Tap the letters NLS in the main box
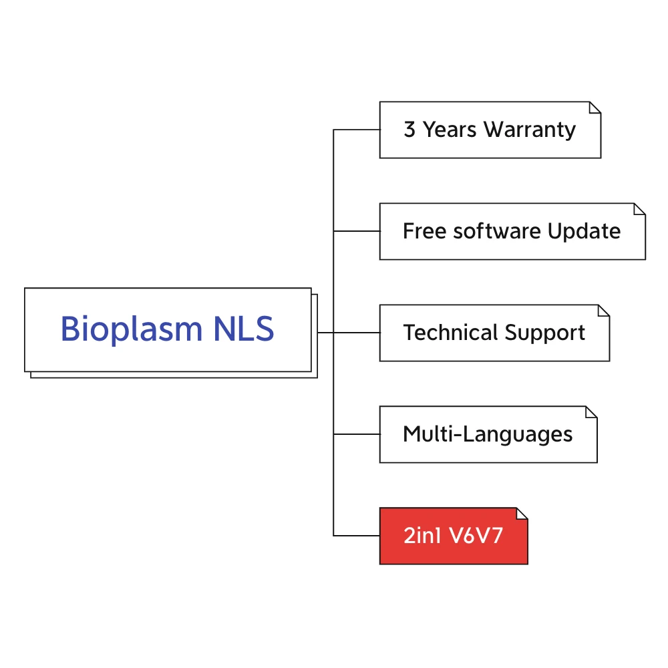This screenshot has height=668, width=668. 244,329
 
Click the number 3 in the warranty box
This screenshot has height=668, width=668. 409,130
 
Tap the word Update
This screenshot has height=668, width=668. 584,231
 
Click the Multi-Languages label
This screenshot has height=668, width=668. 488,434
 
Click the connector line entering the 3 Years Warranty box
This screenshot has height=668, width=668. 357,130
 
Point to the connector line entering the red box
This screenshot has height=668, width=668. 357,536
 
